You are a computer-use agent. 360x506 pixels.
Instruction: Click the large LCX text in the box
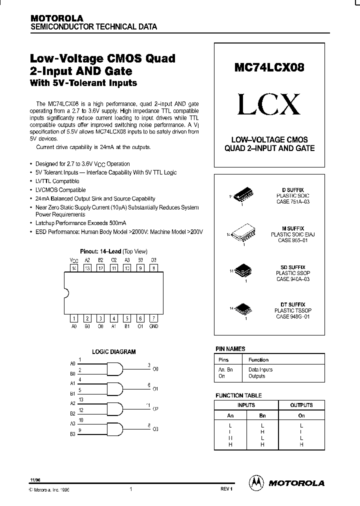pyautogui.click(x=269, y=104)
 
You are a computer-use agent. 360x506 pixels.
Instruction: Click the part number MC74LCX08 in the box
pyautogui.click(x=269, y=67)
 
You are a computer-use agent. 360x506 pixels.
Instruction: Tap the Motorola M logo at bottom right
pyautogui.click(x=256, y=482)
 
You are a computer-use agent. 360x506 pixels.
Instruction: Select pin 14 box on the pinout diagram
pyautogui.click(x=74, y=268)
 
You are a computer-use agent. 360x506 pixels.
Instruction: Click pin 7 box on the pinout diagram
pyautogui.click(x=153, y=318)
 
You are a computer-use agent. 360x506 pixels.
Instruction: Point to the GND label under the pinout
pyautogui.click(x=153, y=326)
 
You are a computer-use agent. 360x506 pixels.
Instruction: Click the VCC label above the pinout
pyautogui.click(x=74, y=260)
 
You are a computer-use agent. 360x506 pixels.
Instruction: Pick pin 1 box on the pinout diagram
pyautogui.click(x=74, y=318)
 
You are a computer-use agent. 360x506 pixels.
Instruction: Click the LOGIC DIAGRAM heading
pyautogui.click(x=113, y=351)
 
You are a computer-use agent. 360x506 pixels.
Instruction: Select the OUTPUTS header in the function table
pyautogui.click(x=301, y=405)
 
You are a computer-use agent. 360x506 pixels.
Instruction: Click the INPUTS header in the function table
pyautogui.click(x=245, y=405)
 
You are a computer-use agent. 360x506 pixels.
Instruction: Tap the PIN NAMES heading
pyautogui.click(x=230, y=348)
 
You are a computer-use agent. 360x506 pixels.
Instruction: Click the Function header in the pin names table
pyautogui.click(x=258, y=359)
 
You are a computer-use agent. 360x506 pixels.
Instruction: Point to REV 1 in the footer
pyautogui.click(x=226, y=489)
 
